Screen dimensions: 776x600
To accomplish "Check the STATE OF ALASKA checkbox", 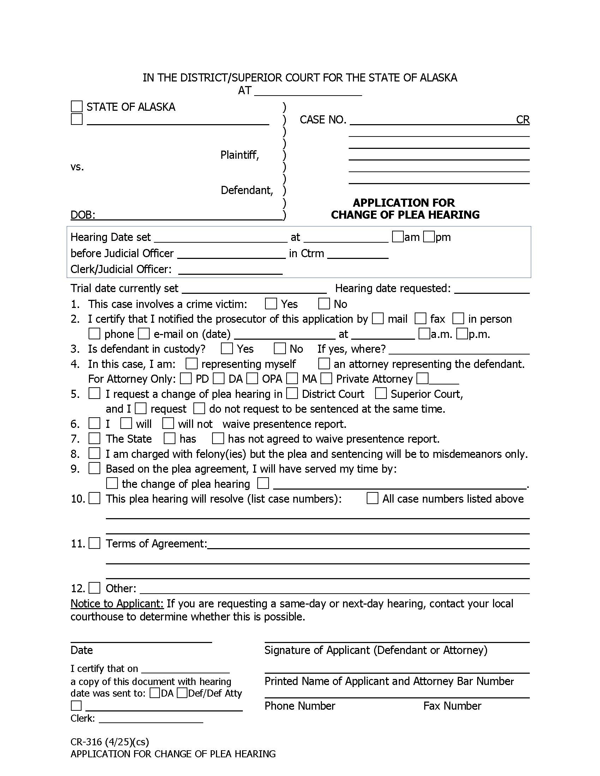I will [77, 106].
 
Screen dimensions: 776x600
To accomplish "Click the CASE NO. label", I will [323, 120].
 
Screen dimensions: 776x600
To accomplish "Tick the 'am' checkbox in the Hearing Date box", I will [397, 237].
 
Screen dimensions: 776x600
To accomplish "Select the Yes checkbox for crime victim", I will [271, 303].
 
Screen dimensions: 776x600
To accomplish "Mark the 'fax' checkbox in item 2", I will [420, 319].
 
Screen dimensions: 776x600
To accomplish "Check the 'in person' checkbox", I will [458, 319].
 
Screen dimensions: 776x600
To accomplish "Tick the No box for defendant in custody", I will [280, 348].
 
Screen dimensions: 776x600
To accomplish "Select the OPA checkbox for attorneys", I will [252, 378].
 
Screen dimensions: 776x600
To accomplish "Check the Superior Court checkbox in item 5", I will [381, 393].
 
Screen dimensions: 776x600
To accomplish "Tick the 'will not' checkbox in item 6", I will [168, 423].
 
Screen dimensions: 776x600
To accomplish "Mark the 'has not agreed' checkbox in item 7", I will [218, 438].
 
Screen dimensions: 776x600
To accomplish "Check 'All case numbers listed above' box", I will [372, 498].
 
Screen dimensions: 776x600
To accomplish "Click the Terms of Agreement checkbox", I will [94, 543].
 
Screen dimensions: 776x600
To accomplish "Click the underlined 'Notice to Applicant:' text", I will [117, 604].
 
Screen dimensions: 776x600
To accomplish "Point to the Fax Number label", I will [452, 706].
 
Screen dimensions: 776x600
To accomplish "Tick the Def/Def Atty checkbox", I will [182, 693].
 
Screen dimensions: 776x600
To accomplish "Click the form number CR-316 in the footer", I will [86, 742].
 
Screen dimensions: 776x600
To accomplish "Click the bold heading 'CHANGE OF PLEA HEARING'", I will [405, 214].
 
